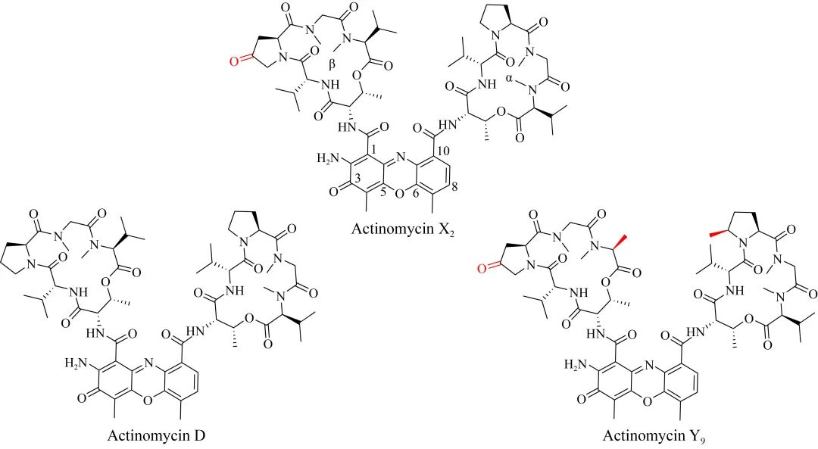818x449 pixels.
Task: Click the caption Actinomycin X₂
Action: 401,229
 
